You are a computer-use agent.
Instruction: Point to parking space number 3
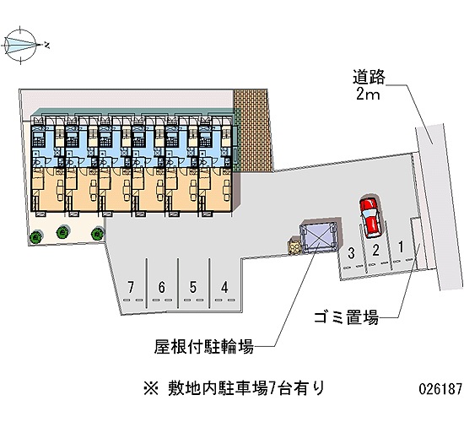(351, 253)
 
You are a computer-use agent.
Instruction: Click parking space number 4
(224, 287)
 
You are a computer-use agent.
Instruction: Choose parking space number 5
(193, 287)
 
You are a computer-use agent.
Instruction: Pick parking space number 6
(162, 287)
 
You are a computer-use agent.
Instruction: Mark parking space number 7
(131, 287)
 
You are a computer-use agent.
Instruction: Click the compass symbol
(21, 45)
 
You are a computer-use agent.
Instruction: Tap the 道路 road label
(369, 77)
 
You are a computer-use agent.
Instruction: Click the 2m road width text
(368, 95)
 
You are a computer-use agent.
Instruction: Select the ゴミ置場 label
(346, 317)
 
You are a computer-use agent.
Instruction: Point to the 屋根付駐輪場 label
(204, 346)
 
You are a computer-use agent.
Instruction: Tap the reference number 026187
(440, 388)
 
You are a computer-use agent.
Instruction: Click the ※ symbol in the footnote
(151, 388)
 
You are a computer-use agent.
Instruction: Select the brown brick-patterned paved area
(253, 130)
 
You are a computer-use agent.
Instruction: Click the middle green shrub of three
(63, 232)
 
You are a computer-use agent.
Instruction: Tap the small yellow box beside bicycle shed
(294, 246)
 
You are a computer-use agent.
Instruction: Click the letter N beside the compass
(46, 46)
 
